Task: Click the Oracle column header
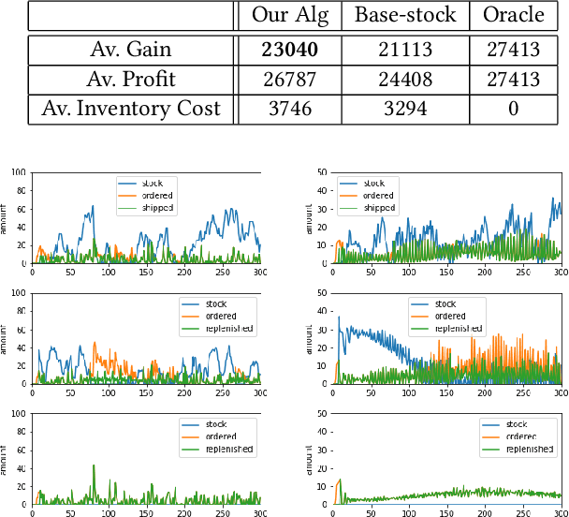(x=514, y=16)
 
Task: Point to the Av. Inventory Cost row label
(x=131, y=109)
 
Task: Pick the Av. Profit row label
(x=131, y=79)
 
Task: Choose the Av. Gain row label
(x=131, y=49)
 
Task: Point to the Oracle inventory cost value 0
(x=514, y=109)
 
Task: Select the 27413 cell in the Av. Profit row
(x=514, y=79)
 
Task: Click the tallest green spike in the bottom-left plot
(x=94, y=465)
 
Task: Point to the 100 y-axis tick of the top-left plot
(x=19, y=173)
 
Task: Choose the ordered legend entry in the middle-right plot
(x=452, y=316)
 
